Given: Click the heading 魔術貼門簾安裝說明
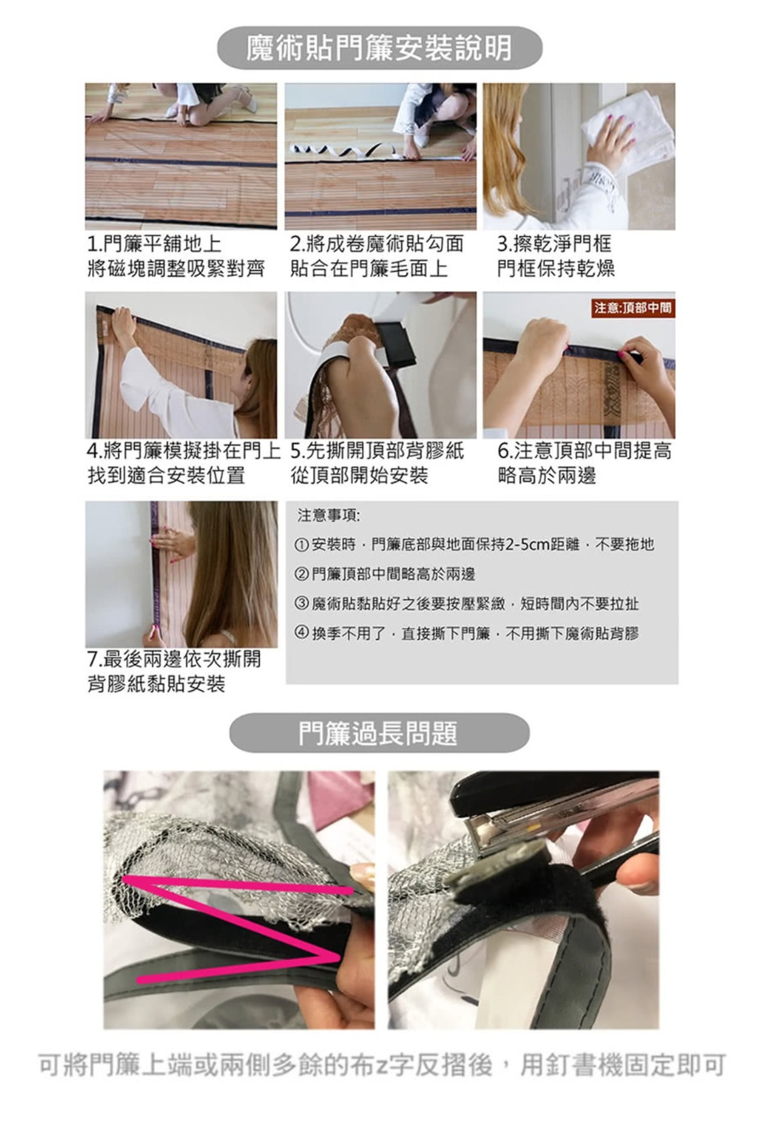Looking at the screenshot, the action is click(x=380, y=48).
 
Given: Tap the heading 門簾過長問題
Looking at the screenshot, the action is click(x=379, y=733).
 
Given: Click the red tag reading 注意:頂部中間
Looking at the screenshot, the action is click(x=633, y=307).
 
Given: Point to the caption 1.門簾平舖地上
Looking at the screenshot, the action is click(x=154, y=244).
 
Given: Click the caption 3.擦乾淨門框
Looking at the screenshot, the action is click(x=554, y=244).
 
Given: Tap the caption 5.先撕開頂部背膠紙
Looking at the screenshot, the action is click(x=377, y=451).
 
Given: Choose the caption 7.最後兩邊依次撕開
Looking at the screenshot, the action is click(x=174, y=659).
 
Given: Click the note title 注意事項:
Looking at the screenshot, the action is click(x=329, y=516).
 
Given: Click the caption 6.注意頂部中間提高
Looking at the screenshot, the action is click(x=584, y=451).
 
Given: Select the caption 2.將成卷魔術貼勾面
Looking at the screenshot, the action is click(x=377, y=244).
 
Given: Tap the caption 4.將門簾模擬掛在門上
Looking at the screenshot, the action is click(x=184, y=451).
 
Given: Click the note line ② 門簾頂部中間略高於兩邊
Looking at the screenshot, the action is click(x=385, y=574).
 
